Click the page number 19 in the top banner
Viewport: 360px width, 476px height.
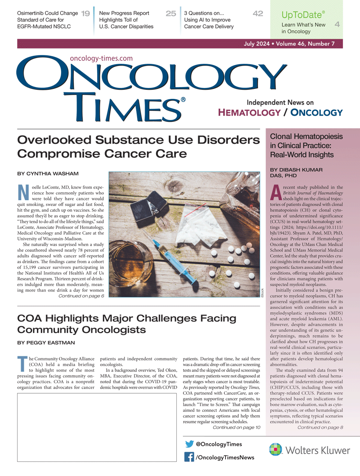(x=86, y=14)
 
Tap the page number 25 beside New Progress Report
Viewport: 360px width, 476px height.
(x=171, y=14)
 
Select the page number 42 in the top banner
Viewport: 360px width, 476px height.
(x=258, y=14)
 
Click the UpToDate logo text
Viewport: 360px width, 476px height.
(x=303, y=15)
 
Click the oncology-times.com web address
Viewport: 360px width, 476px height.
(x=101, y=58)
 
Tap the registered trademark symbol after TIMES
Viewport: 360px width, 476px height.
(x=183, y=100)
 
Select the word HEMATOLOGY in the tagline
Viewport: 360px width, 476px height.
(x=249, y=113)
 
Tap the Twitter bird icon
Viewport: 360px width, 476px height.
(x=189, y=444)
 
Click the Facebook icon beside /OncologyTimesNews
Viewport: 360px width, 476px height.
(x=189, y=458)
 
